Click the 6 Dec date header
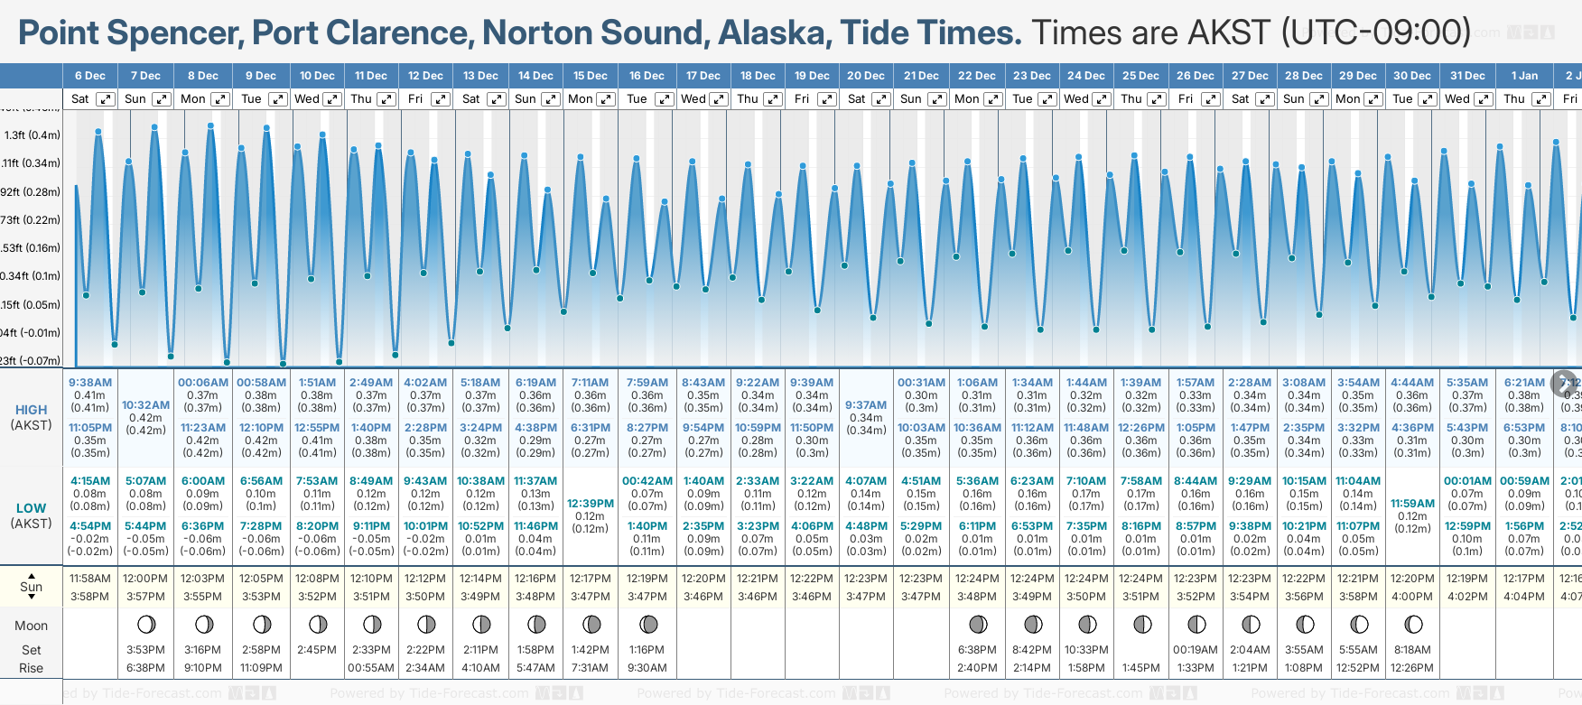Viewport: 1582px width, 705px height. tap(90, 76)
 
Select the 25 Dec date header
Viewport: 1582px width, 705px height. tap(1140, 76)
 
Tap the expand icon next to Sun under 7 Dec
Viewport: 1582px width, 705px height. tap(161, 99)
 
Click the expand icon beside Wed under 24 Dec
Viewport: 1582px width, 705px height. tap(1103, 99)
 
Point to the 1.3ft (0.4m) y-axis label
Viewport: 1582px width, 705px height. tap(32, 135)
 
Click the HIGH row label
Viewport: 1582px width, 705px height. tap(31, 410)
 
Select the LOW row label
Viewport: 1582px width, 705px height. tap(31, 508)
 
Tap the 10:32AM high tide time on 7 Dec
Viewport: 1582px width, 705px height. tap(145, 405)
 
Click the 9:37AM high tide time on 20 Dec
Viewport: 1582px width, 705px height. tap(866, 405)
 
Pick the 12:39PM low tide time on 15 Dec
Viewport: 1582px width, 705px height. tap(591, 504)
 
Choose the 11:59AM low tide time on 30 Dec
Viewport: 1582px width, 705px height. tap(1412, 504)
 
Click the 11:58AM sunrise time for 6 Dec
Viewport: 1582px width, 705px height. tap(90, 579)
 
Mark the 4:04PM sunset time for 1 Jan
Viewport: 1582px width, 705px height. tap(1523, 597)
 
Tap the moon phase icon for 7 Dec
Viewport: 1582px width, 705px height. tap(145, 624)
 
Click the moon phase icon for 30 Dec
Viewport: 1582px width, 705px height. tap(1413, 624)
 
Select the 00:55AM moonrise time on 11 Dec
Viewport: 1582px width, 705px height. tap(371, 668)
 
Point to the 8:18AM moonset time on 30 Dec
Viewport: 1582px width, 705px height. tap(1412, 650)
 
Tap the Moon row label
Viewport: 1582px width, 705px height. tap(31, 626)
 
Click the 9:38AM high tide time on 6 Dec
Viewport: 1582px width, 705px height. tap(90, 383)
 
